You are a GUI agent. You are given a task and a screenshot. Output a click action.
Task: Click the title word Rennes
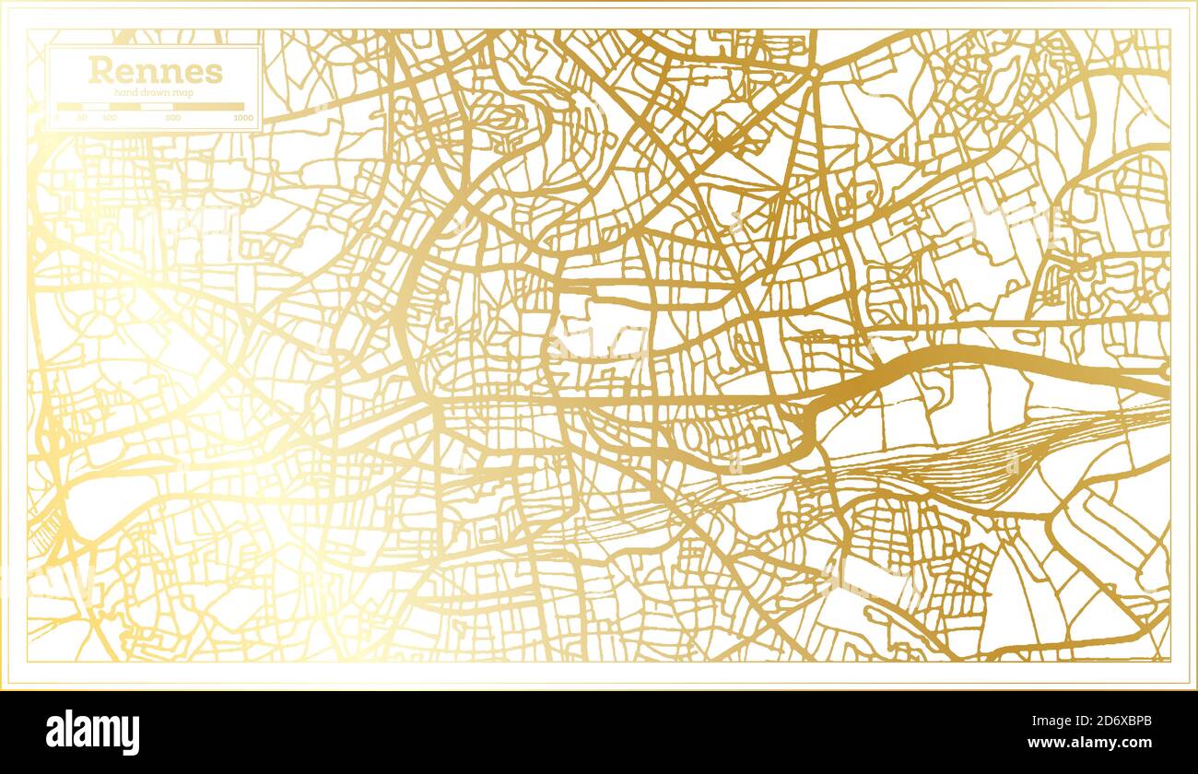[155, 71]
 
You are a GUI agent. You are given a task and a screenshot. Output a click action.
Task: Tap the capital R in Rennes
[99, 71]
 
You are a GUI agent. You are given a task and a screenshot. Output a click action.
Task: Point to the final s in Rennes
[214, 73]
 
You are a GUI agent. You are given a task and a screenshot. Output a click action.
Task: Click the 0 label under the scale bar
[57, 118]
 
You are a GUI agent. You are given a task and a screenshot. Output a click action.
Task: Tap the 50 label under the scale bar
[82, 118]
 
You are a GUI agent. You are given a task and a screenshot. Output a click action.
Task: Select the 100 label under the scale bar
[110, 118]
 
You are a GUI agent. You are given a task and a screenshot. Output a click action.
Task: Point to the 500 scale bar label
[173, 118]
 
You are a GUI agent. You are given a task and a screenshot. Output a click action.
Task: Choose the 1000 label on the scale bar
[243, 118]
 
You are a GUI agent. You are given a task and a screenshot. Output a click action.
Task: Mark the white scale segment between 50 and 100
[96, 107]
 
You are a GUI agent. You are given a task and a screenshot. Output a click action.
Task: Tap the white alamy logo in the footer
[92, 733]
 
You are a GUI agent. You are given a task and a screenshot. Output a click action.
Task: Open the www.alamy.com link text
[1090, 743]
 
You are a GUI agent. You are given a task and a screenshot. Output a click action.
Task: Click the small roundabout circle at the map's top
[816, 71]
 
